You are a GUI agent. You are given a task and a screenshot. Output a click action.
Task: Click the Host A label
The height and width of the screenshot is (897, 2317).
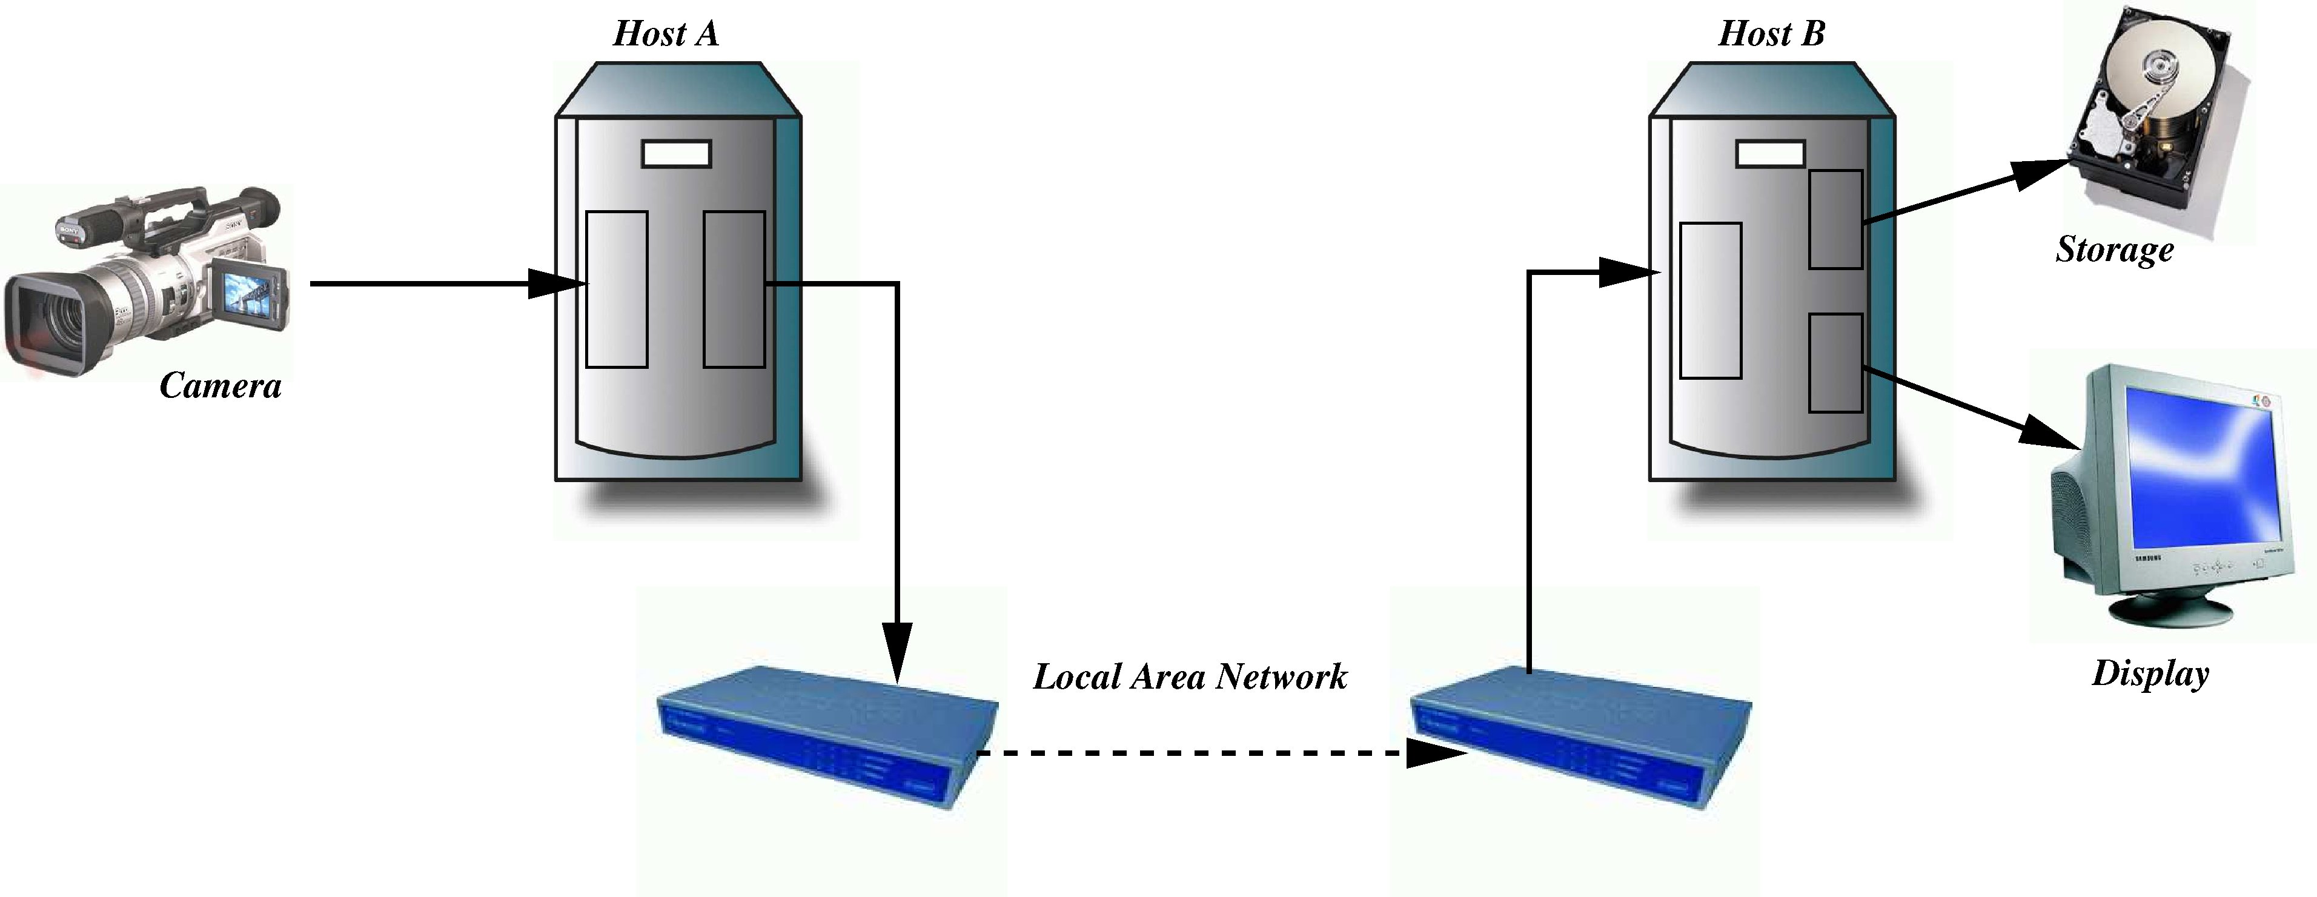(x=666, y=34)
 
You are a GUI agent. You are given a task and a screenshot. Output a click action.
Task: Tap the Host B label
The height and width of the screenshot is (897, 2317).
(x=1771, y=34)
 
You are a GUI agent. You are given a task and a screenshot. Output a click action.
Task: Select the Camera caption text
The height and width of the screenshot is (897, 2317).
(x=220, y=386)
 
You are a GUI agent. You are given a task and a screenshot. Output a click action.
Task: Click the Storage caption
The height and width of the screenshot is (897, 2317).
(x=2113, y=249)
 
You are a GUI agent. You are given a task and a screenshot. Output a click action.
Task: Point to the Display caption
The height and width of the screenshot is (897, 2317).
(x=2150, y=673)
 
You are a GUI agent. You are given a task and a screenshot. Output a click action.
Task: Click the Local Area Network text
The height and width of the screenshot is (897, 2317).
(x=1189, y=677)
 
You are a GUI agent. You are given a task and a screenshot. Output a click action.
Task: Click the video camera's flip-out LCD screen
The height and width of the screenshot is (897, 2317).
(x=247, y=296)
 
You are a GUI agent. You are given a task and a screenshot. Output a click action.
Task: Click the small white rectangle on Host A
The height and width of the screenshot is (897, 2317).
(x=677, y=154)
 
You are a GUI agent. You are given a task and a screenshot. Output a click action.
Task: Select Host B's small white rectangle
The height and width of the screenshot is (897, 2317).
(x=1770, y=154)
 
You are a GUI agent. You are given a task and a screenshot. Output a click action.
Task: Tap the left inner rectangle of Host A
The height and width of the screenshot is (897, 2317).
(x=616, y=289)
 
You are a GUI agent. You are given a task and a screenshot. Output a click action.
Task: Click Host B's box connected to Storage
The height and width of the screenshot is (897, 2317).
(x=1835, y=219)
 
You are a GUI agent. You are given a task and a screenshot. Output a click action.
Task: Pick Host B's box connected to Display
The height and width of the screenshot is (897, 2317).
(x=1835, y=363)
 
